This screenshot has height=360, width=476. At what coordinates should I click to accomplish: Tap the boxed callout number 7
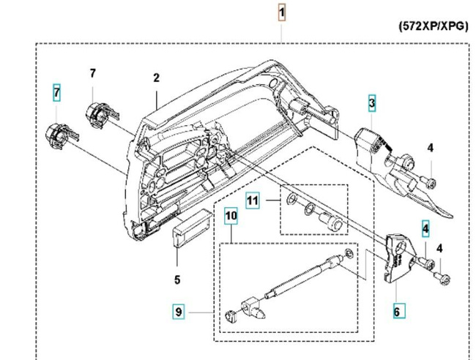click(x=56, y=93)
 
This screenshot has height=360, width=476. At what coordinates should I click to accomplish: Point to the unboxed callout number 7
click(x=93, y=73)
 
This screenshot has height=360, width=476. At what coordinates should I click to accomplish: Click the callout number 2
click(x=156, y=78)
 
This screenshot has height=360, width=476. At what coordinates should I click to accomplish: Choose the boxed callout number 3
click(x=372, y=104)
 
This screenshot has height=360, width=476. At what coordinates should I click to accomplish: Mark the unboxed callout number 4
click(x=431, y=148)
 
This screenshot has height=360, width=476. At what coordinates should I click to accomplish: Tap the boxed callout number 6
click(x=396, y=311)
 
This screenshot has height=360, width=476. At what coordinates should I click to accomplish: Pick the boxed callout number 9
click(x=178, y=312)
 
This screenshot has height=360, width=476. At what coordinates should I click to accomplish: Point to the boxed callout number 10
click(x=231, y=216)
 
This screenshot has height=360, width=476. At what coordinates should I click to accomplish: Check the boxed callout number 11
click(x=253, y=199)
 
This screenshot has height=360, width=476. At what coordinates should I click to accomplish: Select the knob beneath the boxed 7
click(x=58, y=135)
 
